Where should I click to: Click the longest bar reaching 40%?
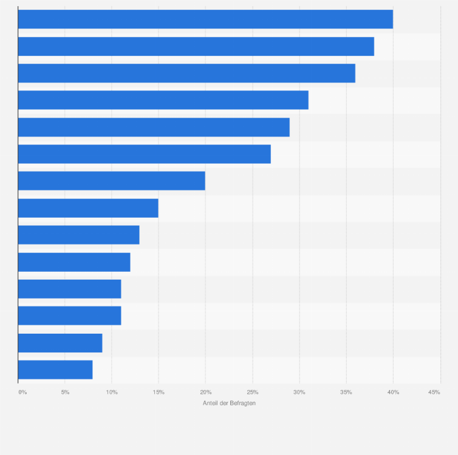pos(205,19)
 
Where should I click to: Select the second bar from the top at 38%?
pos(196,47)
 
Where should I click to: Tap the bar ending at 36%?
pos(186,73)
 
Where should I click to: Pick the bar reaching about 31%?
pos(163,100)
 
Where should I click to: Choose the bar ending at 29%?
pos(154,127)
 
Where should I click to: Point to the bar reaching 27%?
pos(145,154)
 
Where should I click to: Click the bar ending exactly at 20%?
pos(112,181)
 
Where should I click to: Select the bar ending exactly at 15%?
pos(88,208)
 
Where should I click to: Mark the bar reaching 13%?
pos(79,235)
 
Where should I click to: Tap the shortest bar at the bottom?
pos(55,369)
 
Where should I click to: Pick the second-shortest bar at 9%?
pos(60,343)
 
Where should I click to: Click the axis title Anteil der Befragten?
pos(229,403)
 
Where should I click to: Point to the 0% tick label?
pos(22,393)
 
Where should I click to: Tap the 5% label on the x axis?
pos(65,393)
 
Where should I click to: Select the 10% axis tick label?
pos(112,393)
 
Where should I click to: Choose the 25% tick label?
pos(253,393)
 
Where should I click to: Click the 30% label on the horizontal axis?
pos(299,393)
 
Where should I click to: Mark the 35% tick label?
pos(346,393)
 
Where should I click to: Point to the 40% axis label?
pos(393,393)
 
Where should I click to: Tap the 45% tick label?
pos(434,393)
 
